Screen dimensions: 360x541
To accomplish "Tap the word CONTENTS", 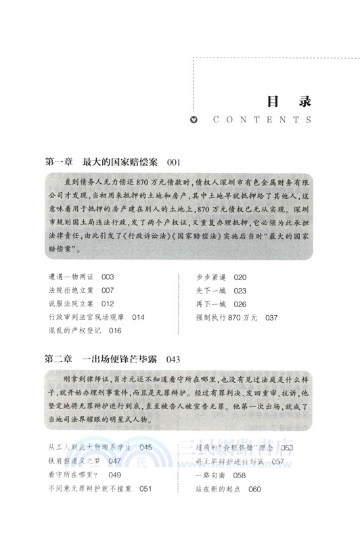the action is click(261, 120).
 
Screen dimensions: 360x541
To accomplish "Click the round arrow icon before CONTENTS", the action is click(194, 120).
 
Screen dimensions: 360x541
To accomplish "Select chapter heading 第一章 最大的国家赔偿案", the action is click(101, 162).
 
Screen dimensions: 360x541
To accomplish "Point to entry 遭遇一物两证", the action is click(71, 277).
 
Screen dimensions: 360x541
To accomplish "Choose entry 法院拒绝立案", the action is click(71, 290).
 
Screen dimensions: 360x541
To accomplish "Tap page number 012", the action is click(109, 304).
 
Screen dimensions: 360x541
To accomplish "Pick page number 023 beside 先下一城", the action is click(242, 291).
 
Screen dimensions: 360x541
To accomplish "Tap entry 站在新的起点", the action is click(219, 488).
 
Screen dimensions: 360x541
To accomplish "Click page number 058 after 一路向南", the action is click(242, 475).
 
